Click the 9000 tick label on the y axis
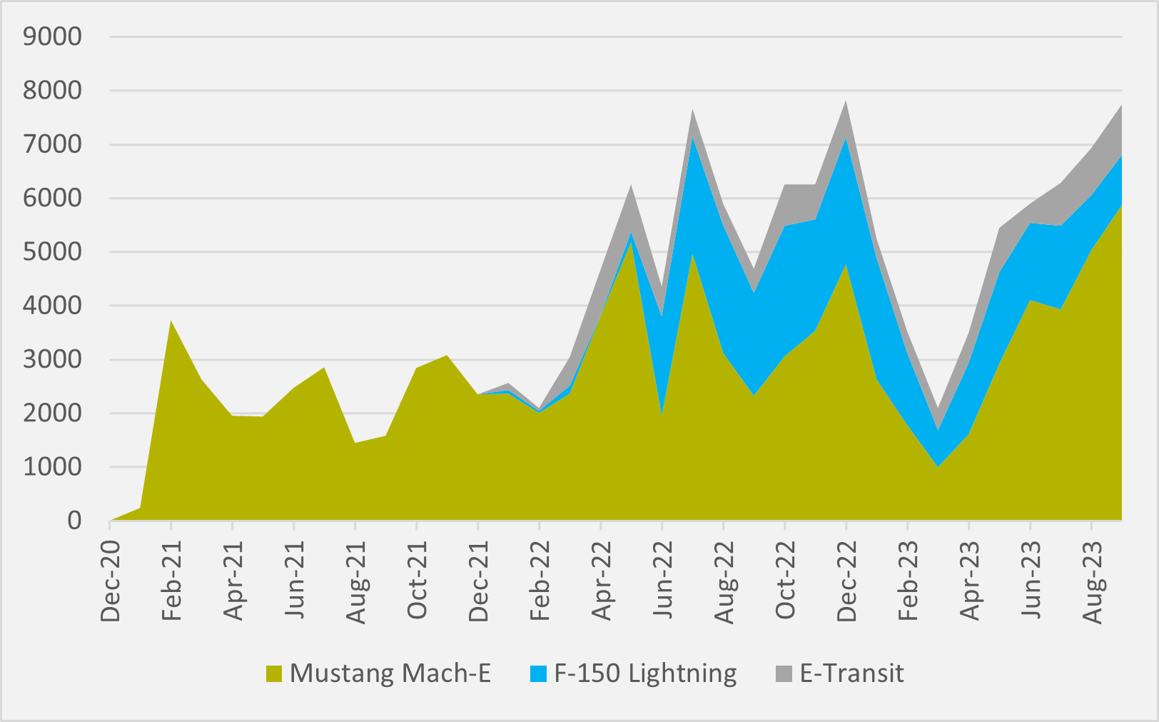[x=52, y=36]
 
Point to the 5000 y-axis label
[x=52, y=252]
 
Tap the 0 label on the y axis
[x=74, y=521]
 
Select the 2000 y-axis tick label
[x=52, y=413]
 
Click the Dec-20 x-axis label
[x=110, y=581]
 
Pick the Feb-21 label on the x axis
[x=171, y=581]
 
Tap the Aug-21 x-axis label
[x=355, y=582]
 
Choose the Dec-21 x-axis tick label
[x=478, y=581]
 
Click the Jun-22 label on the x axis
[x=662, y=580]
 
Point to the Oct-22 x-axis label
[x=785, y=580]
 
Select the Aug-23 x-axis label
[x=1092, y=582]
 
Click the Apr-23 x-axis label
[x=969, y=581]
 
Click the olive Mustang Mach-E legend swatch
[x=274, y=674]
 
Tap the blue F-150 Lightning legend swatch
[x=538, y=674]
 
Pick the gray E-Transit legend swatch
[x=784, y=674]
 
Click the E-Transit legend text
[x=851, y=673]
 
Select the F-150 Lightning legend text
[x=645, y=674]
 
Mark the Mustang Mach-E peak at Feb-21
[x=171, y=321]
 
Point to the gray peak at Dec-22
[x=846, y=101]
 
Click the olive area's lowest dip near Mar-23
[x=938, y=467]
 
